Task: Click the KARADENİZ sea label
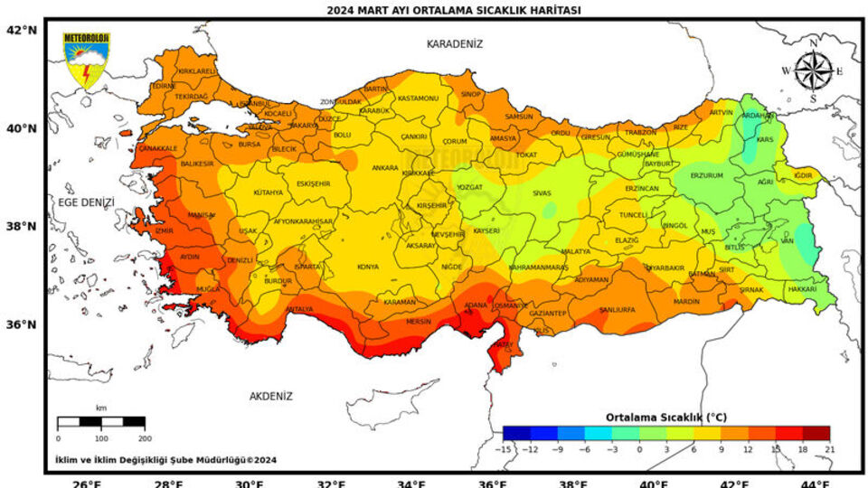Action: coord(455,43)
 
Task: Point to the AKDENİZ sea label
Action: coord(271,396)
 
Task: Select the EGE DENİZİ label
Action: coord(86,202)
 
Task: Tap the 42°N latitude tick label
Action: coord(21,30)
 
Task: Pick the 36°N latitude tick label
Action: coord(21,324)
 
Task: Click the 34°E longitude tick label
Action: coord(411,483)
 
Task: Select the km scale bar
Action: coord(100,422)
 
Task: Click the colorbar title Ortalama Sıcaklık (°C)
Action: coord(665,418)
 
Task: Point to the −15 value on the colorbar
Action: coord(505,449)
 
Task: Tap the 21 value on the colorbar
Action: coord(828,449)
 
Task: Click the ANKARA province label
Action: coord(385,168)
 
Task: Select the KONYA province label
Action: coord(368,267)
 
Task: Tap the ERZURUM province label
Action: coord(706,175)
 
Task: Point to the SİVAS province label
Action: coord(542,193)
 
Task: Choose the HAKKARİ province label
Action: coord(802,288)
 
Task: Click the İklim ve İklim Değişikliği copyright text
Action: coord(165,459)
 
